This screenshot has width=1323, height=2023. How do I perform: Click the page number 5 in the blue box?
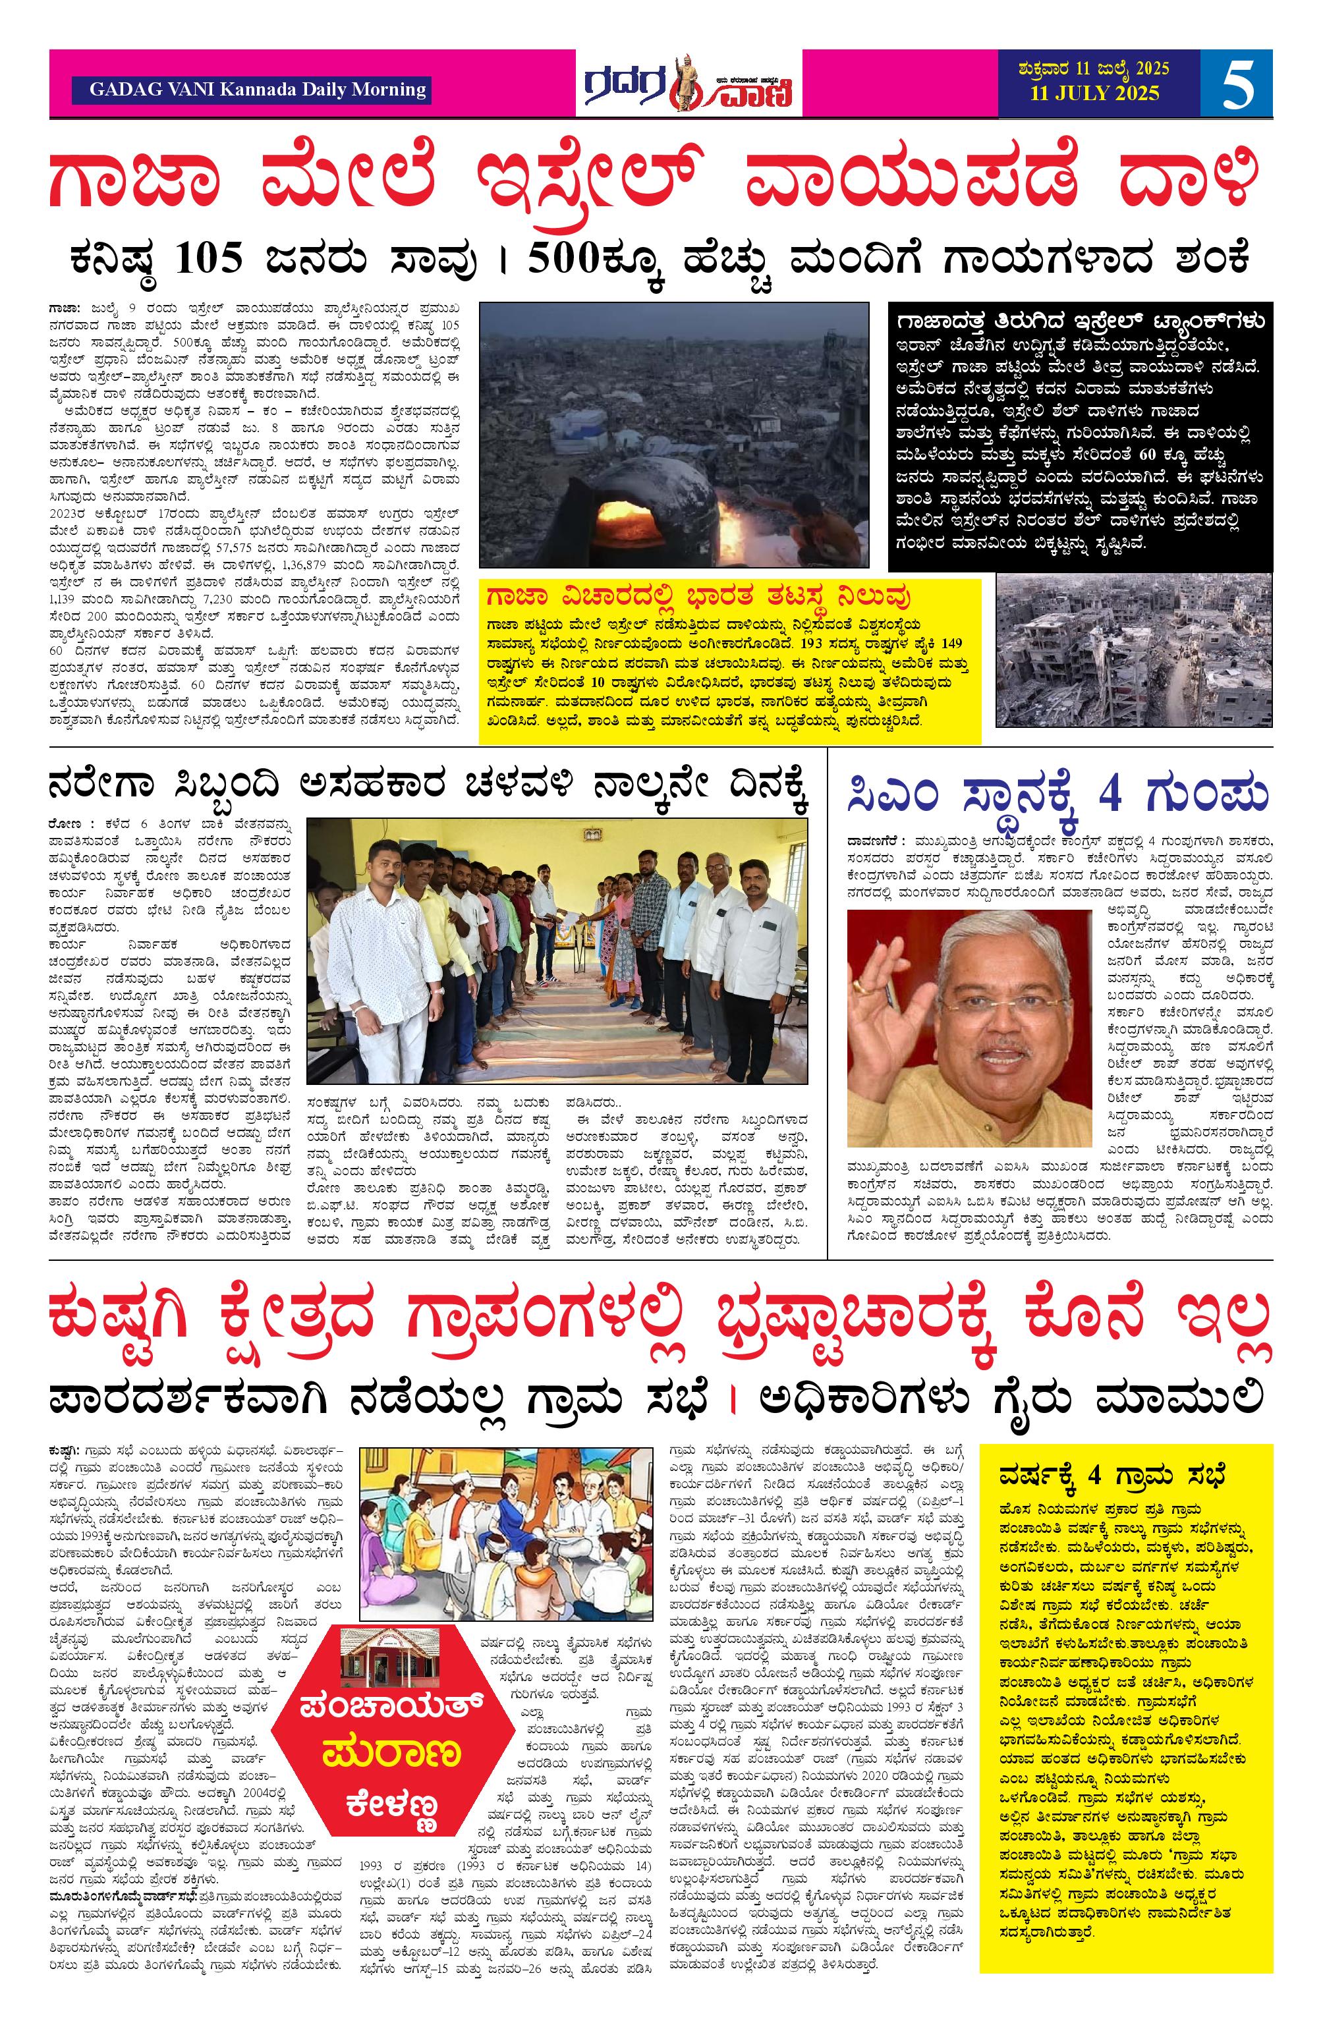point(1237,83)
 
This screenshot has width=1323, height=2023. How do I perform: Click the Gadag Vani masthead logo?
point(688,83)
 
